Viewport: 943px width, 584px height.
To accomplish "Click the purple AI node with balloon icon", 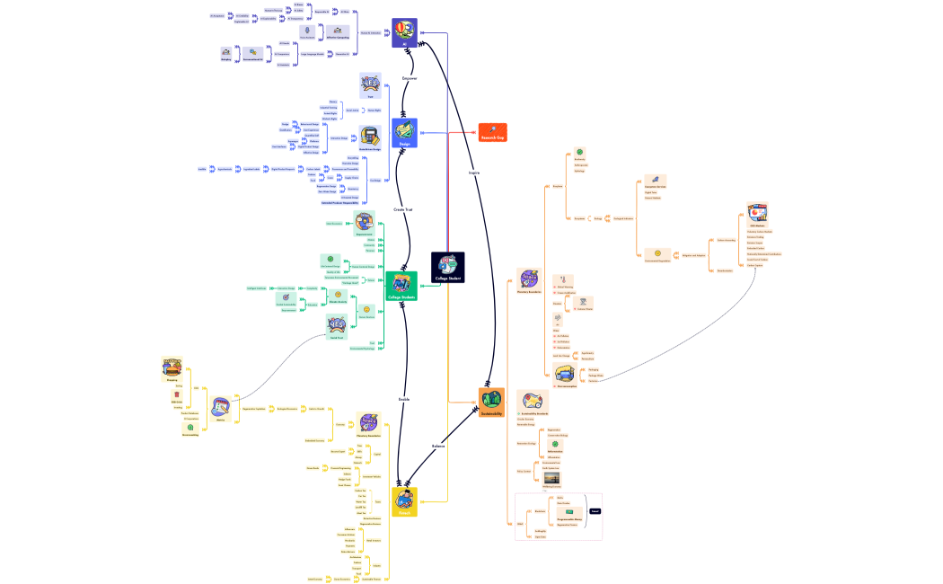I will [x=404, y=32].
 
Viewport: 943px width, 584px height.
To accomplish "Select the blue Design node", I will [x=404, y=132].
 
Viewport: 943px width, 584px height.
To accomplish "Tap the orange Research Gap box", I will [x=492, y=132].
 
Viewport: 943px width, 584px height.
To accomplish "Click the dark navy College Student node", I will [x=448, y=267].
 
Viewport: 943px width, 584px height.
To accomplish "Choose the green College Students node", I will [x=401, y=286].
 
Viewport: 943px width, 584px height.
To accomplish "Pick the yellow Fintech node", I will [x=404, y=502].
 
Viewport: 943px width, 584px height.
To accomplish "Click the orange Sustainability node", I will [x=492, y=401].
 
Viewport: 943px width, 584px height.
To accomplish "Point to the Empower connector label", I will [x=410, y=79].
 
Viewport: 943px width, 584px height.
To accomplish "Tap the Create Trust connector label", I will [x=403, y=209].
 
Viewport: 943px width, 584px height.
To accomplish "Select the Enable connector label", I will [x=403, y=399].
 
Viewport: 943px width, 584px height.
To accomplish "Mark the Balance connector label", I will [x=438, y=446].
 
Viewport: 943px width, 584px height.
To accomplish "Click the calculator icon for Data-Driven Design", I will [x=369, y=137].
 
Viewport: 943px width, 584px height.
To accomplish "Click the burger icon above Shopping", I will [x=172, y=366].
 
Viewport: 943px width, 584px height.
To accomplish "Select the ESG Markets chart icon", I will [x=756, y=214].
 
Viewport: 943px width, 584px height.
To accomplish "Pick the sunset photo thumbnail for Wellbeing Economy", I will [x=551, y=478].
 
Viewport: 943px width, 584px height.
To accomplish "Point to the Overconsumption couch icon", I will [x=565, y=374].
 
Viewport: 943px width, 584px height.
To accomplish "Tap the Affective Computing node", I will [x=338, y=35].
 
